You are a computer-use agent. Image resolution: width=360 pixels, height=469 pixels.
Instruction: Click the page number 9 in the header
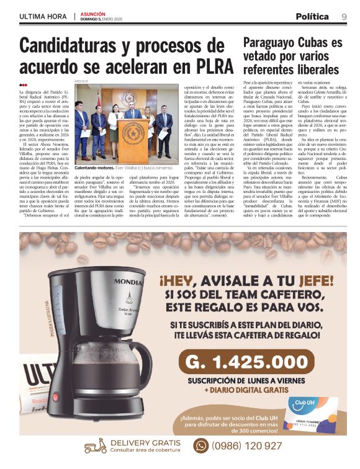pyautogui.click(x=344, y=17)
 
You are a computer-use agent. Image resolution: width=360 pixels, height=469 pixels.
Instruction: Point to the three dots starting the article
pyautogui.click(x=23, y=85)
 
